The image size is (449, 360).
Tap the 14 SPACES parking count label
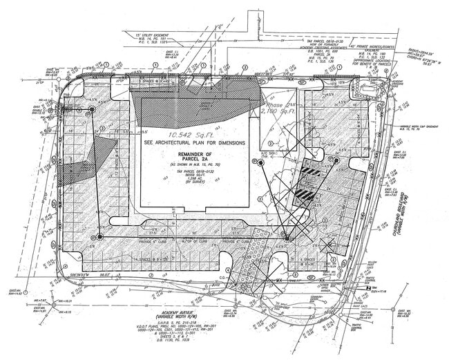pyautogui.click(x=132, y=257)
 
